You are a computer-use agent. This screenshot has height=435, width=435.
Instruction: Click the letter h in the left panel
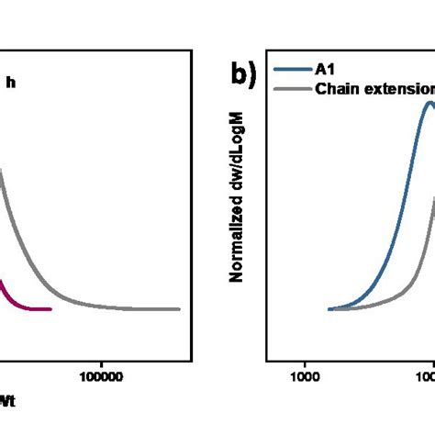pos(11,83)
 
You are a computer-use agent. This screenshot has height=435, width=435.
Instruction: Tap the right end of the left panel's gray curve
pos(179,309)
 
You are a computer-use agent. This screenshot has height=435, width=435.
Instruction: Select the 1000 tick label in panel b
pos(304,374)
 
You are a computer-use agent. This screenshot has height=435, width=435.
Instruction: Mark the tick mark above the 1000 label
pos(304,355)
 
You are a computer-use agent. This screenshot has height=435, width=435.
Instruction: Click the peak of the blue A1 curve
pos(429,103)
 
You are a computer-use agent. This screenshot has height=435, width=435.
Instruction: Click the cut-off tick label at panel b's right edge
pos(428,374)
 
